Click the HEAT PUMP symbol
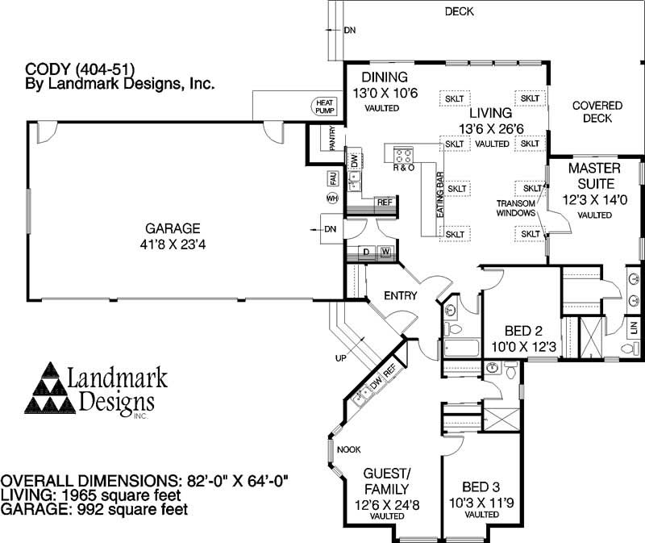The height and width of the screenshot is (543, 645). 324,107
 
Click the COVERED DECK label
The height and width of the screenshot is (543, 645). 597,112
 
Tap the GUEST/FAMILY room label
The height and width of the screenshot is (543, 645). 387,481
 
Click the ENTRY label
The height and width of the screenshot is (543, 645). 400,295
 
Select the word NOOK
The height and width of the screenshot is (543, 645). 348,449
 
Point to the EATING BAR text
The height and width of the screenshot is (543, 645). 440,194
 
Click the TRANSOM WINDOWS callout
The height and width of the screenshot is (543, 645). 515,208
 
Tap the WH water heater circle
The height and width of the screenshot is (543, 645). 331,198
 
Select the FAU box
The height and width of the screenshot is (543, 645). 331,177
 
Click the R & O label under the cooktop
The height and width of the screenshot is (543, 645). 403,168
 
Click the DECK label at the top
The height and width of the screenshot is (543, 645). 459,11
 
